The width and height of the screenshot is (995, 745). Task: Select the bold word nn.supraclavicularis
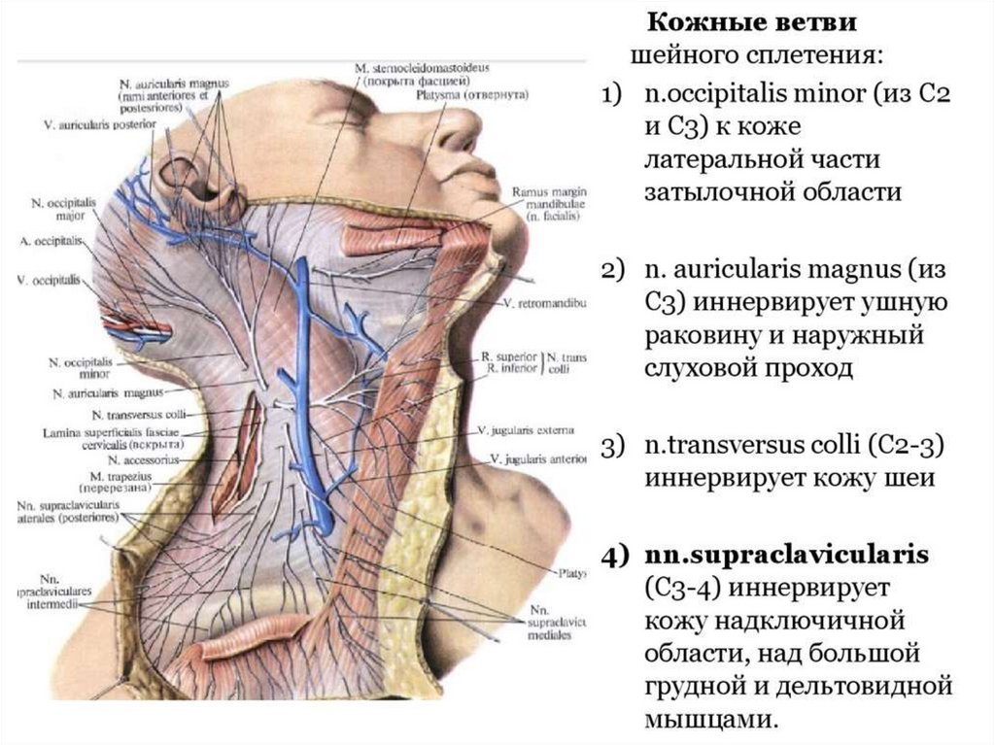[784, 555]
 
